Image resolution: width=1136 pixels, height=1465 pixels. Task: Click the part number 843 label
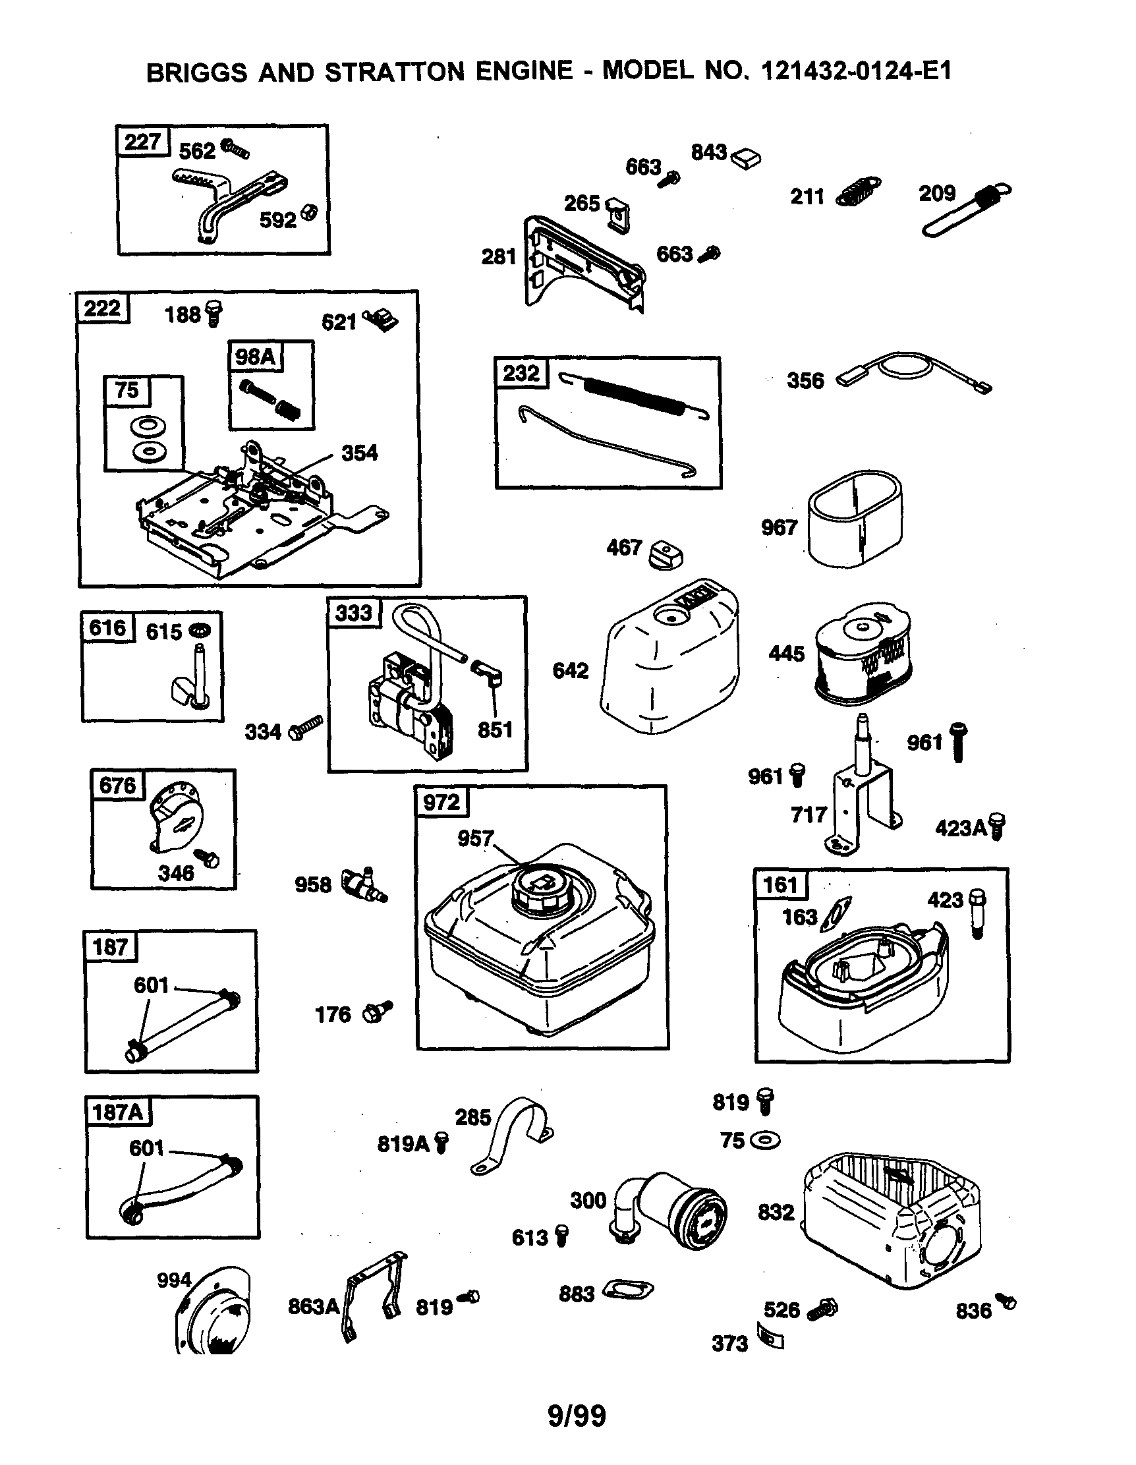[709, 152]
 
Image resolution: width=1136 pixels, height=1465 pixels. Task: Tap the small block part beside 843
[746, 158]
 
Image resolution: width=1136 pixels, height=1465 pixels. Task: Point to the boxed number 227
[142, 142]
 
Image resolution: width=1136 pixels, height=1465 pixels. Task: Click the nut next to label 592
[308, 213]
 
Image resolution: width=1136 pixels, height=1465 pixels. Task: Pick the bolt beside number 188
[214, 313]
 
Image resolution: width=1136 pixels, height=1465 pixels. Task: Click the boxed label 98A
[255, 356]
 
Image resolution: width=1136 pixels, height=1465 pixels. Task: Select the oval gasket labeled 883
[629, 1289]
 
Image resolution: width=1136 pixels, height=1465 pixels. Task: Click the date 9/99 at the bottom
[577, 1416]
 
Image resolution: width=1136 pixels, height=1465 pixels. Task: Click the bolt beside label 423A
[997, 826]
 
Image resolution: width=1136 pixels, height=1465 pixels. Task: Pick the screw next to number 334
[305, 728]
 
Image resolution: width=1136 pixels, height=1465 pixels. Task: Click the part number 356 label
[805, 381]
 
